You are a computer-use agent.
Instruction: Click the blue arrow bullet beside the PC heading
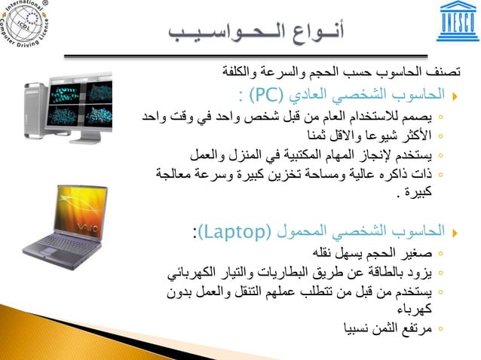tap(454, 96)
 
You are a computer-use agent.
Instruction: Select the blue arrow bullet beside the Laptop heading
tap(454, 231)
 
